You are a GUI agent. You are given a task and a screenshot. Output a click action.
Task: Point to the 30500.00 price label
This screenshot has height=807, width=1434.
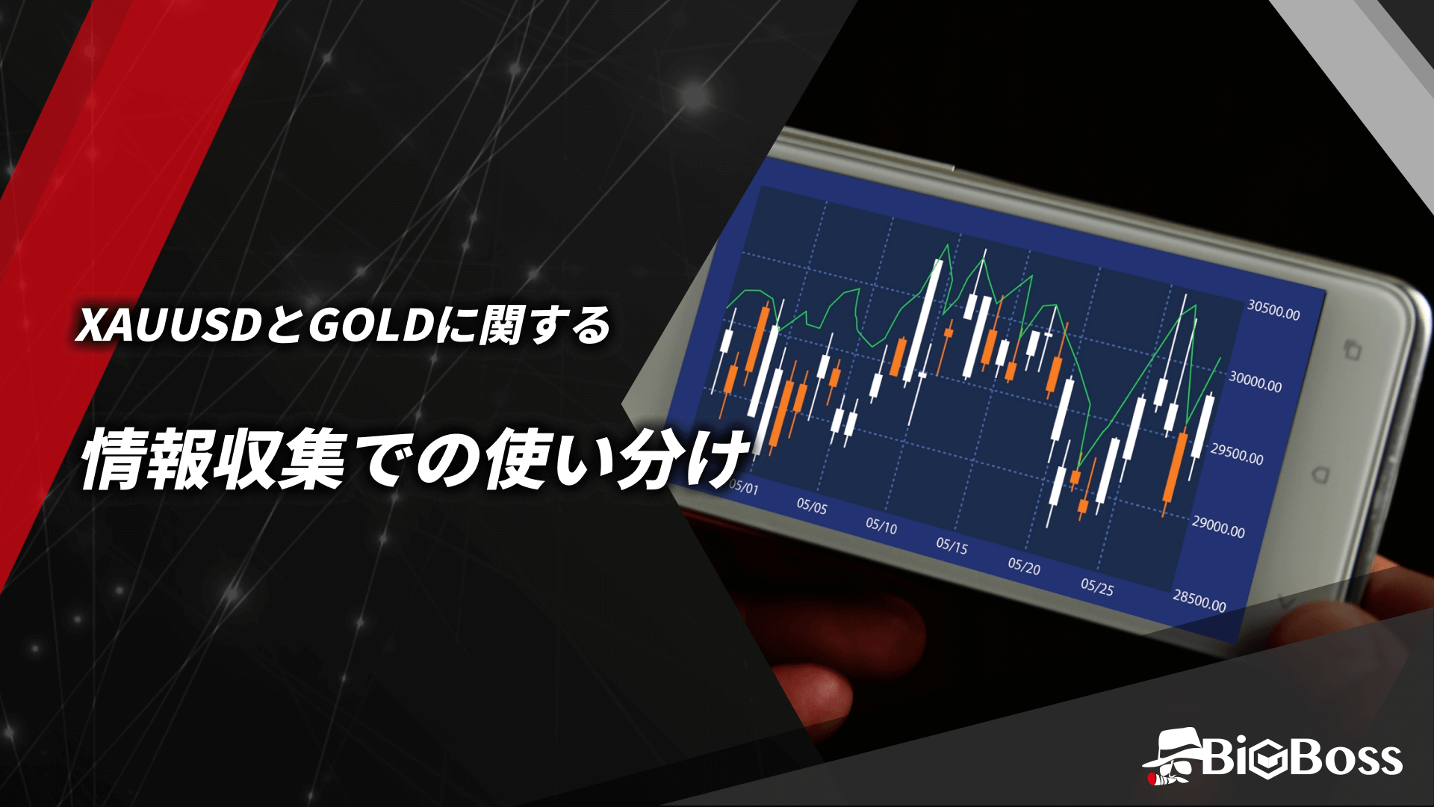[x=1273, y=310]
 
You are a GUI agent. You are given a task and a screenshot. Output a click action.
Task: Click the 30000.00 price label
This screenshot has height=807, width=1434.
[x=1255, y=382]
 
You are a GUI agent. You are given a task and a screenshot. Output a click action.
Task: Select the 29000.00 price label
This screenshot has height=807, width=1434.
[x=1218, y=527]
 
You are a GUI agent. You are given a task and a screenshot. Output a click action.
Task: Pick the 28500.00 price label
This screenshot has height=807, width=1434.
[x=1199, y=600]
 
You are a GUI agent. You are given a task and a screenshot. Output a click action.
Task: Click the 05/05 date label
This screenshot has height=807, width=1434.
[x=812, y=506]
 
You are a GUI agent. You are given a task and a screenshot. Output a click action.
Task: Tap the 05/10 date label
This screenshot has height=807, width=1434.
[x=881, y=525]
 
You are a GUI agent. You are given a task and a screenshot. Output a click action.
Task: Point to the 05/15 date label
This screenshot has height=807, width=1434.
[x=952, y=545]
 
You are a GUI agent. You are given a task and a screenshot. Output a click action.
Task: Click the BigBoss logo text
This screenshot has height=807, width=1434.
[x=1303, y=758]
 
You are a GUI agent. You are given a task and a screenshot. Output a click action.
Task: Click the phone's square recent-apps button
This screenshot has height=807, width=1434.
[x=1352, y=350]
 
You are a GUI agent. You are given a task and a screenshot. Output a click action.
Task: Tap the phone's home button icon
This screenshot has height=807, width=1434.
[x=1320, y=475]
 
